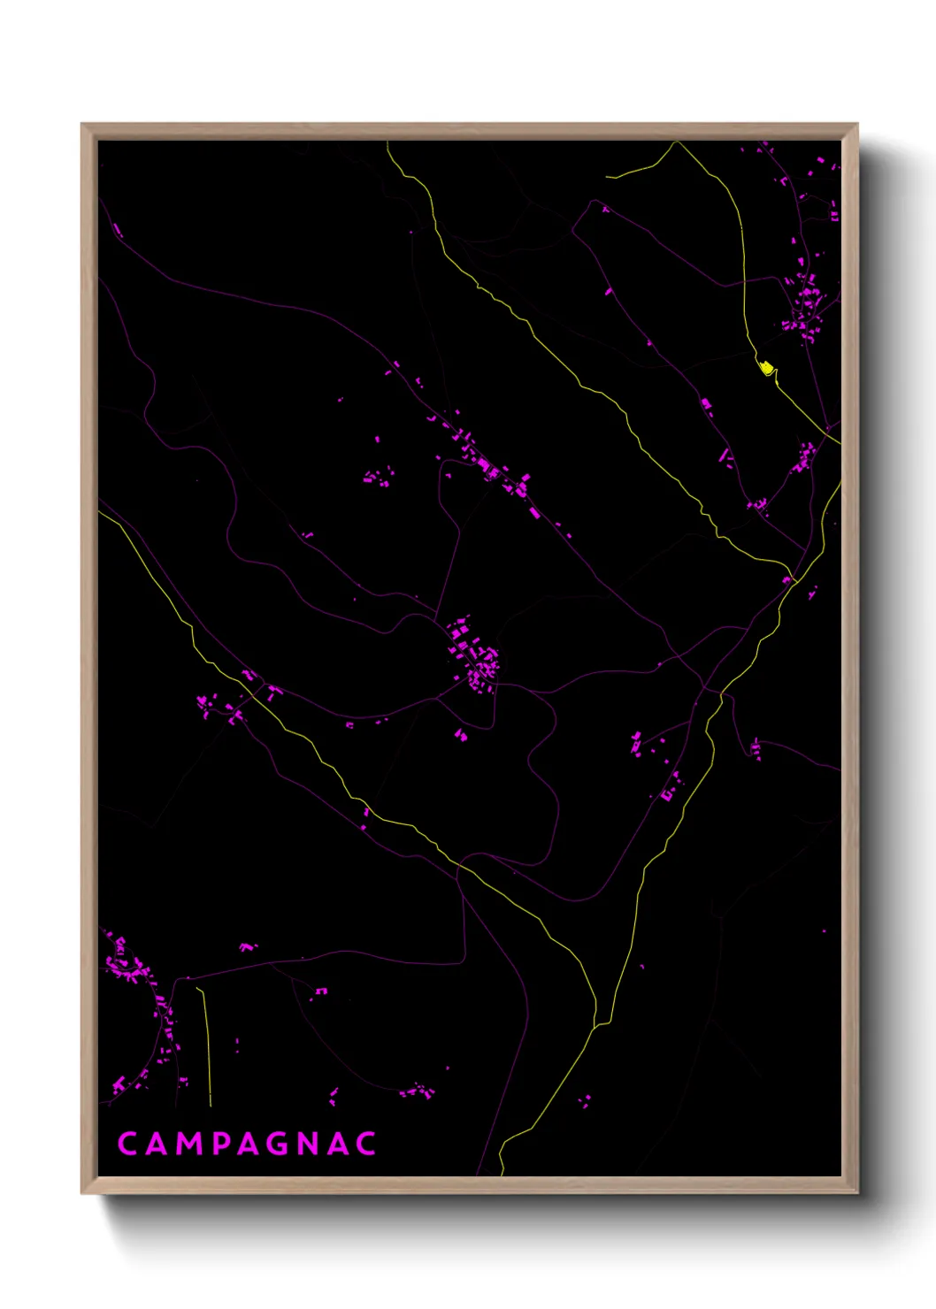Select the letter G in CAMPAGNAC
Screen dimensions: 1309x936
click(x=276, y=1144)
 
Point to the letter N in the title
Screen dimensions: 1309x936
click(x=309, y=1144)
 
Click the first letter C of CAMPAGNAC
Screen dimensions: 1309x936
click(x=127, y=1144)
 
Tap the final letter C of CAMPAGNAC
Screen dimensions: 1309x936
click(x=367, y=1144)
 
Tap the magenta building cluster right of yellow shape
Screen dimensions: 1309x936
click(x=805, y=305)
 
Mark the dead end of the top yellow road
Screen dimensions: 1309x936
click(x=607, y=177)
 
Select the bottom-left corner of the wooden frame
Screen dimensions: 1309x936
click(x=83, y=1191)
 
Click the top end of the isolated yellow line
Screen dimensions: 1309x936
click(x=198, y=989)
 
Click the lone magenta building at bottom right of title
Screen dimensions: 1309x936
click(x=585, y=1101)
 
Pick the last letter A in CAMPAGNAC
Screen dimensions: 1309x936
click(x=339, y=1144)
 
